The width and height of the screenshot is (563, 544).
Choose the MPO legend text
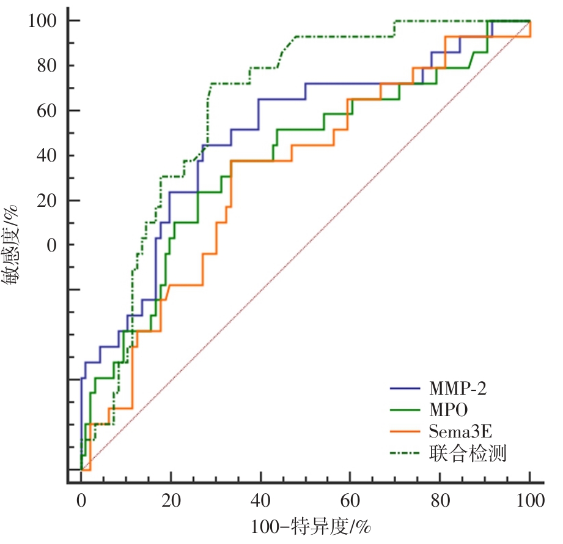tap(450, 409)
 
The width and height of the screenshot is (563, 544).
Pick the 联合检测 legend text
tap(468, 453)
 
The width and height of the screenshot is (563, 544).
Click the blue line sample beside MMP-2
tap(405, 388)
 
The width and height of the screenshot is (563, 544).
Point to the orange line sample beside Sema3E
tap(405, 431)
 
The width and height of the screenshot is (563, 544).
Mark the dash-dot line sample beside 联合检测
tap(405, 453)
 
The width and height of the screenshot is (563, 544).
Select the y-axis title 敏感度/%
tap(13, 244)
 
